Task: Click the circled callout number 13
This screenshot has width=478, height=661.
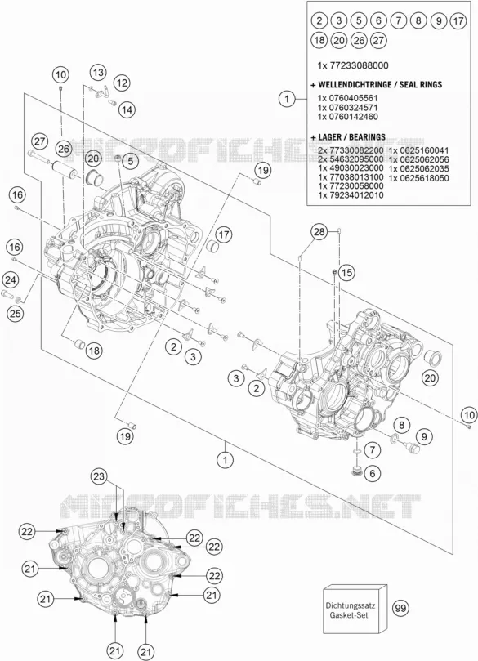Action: [x=98, y=73]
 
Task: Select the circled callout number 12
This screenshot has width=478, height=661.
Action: [x=122, y=83]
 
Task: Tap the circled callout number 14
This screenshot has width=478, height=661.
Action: [x=127, y=109]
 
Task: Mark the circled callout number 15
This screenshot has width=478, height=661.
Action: [x=346, y=273]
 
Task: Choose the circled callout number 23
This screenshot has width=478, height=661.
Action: [x=98, y=477]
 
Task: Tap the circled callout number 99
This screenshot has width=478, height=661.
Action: [x=401, y=608]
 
